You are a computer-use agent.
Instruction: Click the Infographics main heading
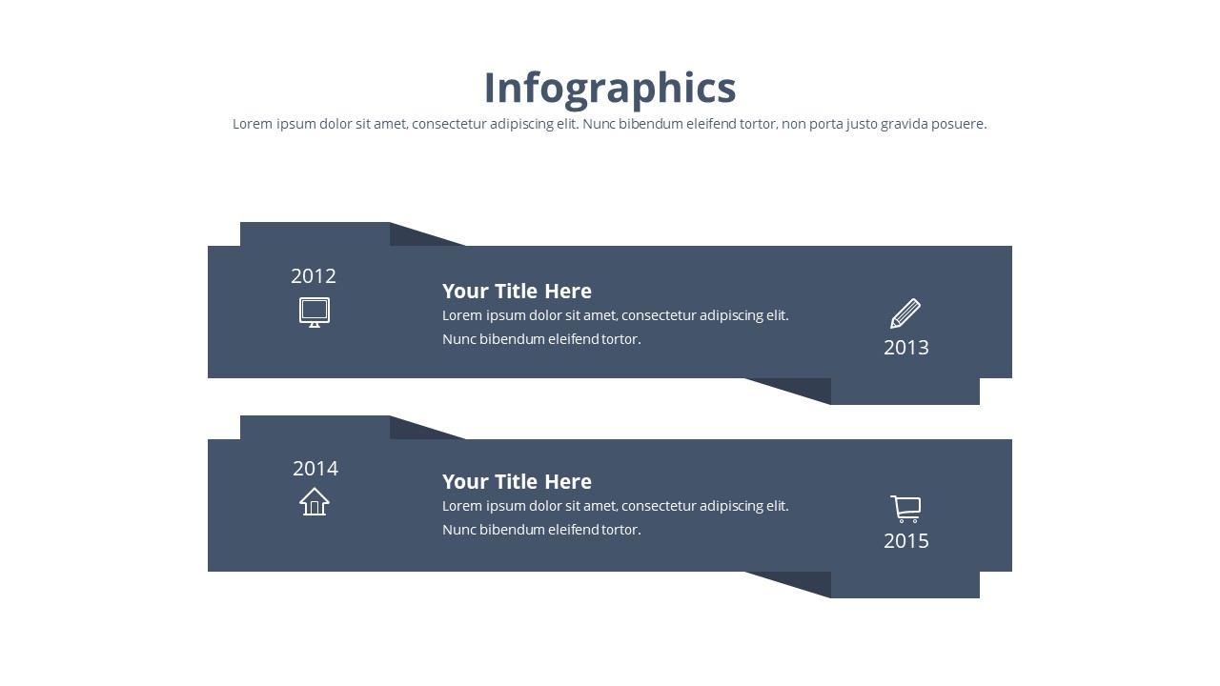click(610, 88)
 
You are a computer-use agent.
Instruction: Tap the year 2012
click(314, 276)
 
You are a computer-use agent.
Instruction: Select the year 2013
click(905, 348)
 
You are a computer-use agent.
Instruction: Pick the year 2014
click(315, 468)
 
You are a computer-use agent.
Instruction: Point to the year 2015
click(905, 540)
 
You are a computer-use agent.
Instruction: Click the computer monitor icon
click(315, 312)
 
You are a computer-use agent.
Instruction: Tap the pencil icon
click(905, 313)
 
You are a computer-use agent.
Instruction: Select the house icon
click(315, 501)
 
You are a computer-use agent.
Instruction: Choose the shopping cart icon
click(905, 509)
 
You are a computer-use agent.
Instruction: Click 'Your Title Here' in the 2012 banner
click(517, 291)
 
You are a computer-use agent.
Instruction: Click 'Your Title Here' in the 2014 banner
click(517, 481)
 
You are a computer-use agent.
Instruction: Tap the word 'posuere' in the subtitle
click(959, 124)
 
